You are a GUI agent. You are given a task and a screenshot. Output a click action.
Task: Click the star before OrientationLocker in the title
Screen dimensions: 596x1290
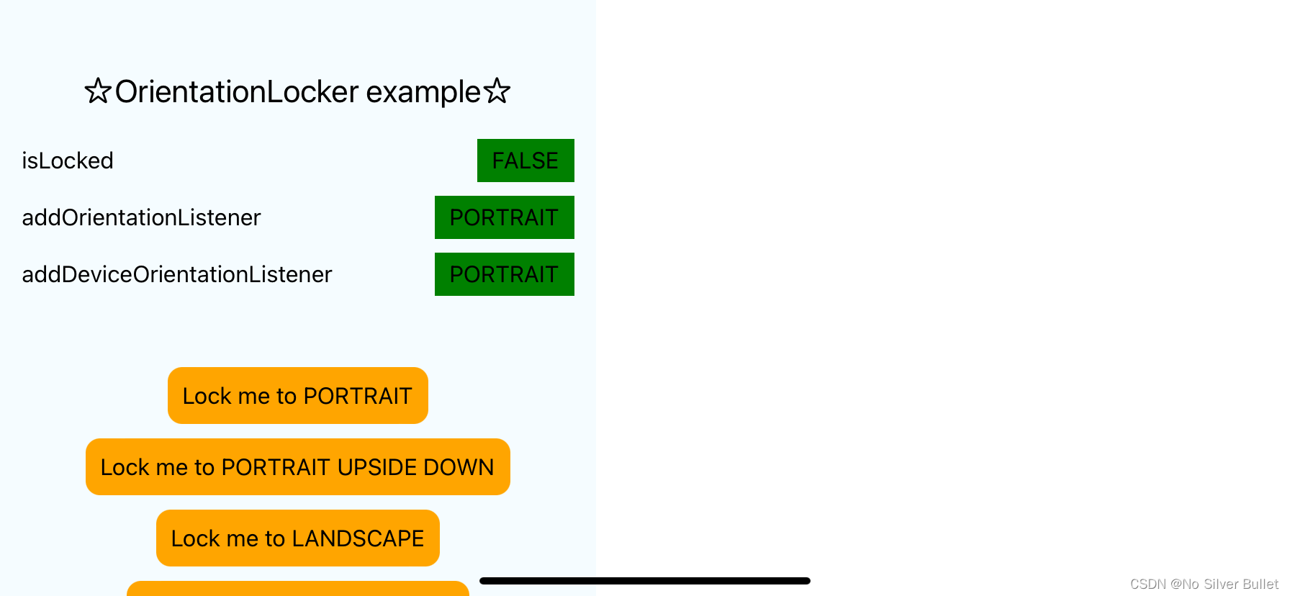tap(98, 91)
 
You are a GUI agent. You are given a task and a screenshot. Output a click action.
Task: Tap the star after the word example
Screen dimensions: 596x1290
tap(497, 91)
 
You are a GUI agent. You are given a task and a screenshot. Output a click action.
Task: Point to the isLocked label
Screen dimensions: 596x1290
tap(68, 161)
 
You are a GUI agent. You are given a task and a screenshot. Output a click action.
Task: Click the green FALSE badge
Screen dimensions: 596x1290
tap(526, 161)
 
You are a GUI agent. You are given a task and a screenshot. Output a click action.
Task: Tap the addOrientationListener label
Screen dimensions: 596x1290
tap(141, 217)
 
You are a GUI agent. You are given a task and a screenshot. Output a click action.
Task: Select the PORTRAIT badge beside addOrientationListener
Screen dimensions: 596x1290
tap(504, 217)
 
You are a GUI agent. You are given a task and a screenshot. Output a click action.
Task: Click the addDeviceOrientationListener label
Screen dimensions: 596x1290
tap(177, 274)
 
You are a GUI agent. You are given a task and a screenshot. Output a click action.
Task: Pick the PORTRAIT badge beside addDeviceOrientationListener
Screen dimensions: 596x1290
tap(504, 274)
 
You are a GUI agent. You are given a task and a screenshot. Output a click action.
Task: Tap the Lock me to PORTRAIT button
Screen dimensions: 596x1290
tap(297, 396)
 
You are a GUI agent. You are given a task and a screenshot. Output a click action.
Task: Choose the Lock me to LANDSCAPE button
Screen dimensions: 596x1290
tap(297, 538)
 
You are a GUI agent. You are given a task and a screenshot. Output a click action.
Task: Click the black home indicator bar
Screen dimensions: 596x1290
tap(644, 581)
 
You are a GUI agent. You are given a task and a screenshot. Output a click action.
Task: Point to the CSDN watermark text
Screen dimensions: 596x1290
tap(1204, 584)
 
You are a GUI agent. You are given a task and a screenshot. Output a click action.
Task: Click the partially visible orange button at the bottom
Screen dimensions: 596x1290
tap(297, 589)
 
